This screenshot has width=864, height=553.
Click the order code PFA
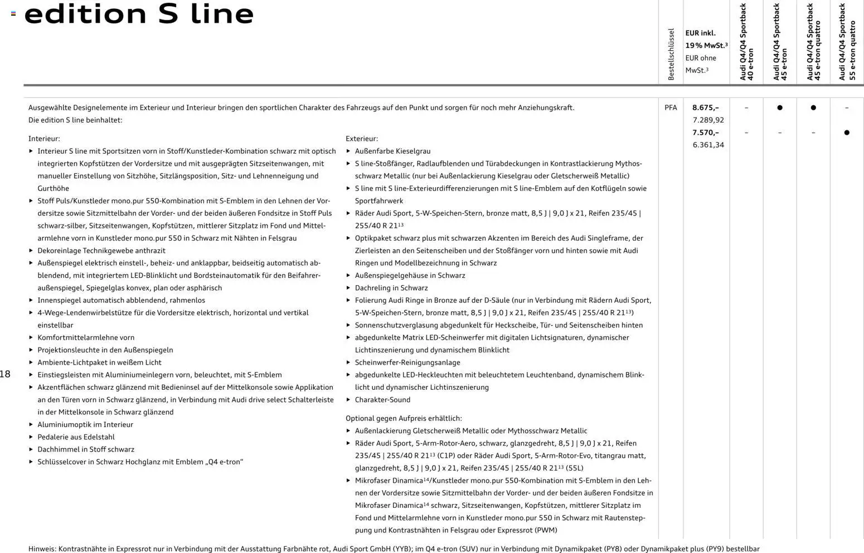pyautogui.click(x=671, y=107)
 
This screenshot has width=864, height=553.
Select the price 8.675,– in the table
pyautogui.click(x=705, y=107)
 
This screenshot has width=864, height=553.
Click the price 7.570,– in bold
pyautogui.click(x=705, y=133)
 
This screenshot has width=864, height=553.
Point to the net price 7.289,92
pyautogui.click(x=708, y=120)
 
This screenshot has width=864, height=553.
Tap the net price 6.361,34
pyautogui.click(x=708, y=145)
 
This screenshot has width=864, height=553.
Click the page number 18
pyautogui.click(x=5, y=374)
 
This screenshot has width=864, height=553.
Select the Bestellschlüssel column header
pyautogui.click(x=671, y=54)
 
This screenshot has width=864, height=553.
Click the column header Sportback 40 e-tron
pyautogui.click(x=746, y=42)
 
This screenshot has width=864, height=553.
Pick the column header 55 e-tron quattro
pyautogui.click(x=847, y=42)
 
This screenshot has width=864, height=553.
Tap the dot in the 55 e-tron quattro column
pyautogui.click(x=847, y=133)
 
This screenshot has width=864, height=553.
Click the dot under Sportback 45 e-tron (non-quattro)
pyautogui.click(x=780, y=107)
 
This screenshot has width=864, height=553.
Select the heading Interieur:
pyautogui.click(x=44, y=139)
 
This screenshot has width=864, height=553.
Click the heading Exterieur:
pyautogui.click(x=362, y=139)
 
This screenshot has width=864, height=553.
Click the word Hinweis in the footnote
pyautogui.click(x=42, y=549)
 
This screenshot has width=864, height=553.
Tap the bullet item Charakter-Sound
pyautogui.click(x=382, y=400)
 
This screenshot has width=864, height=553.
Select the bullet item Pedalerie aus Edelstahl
pyautogui.click(x=76, y=437)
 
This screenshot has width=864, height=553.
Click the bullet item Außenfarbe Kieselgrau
pyautogui.click(x=392, y=151)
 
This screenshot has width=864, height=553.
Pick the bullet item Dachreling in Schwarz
pyautogui.click(x=391, y=288)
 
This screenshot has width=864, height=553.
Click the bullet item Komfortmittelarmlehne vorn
pyautogui.click(x=86, y=337)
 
